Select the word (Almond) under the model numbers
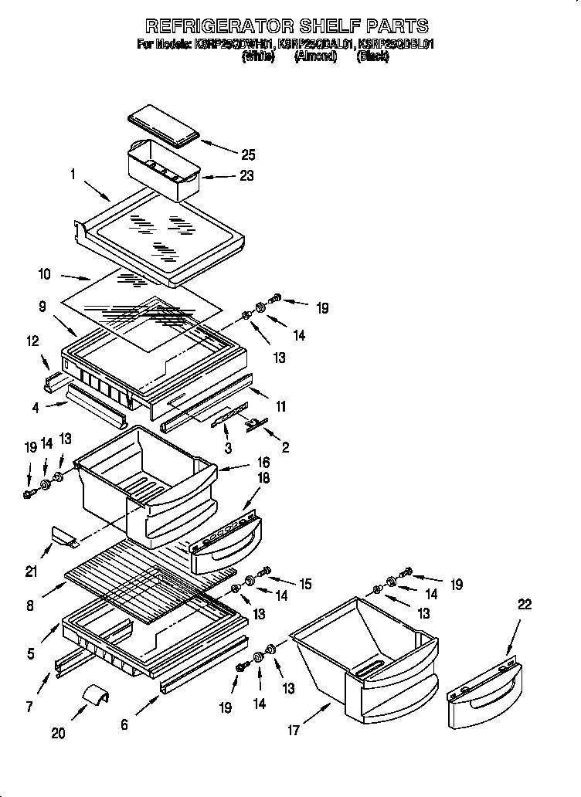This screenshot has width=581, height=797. (x=316, y=56)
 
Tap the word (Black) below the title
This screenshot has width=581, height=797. (x=372, y=56)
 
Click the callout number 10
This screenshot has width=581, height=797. (x=44, y=273)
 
